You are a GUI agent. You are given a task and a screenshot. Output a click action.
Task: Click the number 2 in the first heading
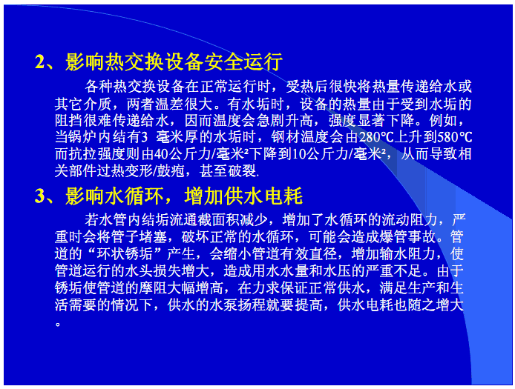(x=40, y=61)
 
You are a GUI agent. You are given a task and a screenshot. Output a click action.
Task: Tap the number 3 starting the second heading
(x=40, y=196)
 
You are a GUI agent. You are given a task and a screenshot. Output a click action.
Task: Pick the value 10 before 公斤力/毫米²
(x=299, y=154)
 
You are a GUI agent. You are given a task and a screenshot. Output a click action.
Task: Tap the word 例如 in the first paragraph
(x=443, y=120)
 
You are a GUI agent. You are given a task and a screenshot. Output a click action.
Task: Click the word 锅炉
(x=83, y=137)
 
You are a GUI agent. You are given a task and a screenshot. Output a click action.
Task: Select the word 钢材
(x=286, y=137)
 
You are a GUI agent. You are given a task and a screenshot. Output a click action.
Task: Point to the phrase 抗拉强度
(x=97, y=154)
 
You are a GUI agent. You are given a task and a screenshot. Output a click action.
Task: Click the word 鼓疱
(x=171, y=171)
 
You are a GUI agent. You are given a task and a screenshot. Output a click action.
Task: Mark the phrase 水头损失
(x=168, y=271)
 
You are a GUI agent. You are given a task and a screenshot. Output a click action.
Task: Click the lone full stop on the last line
(x=58, y=325)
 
